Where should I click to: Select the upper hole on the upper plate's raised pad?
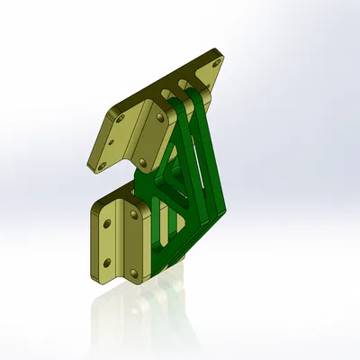[x=159, y=117]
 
